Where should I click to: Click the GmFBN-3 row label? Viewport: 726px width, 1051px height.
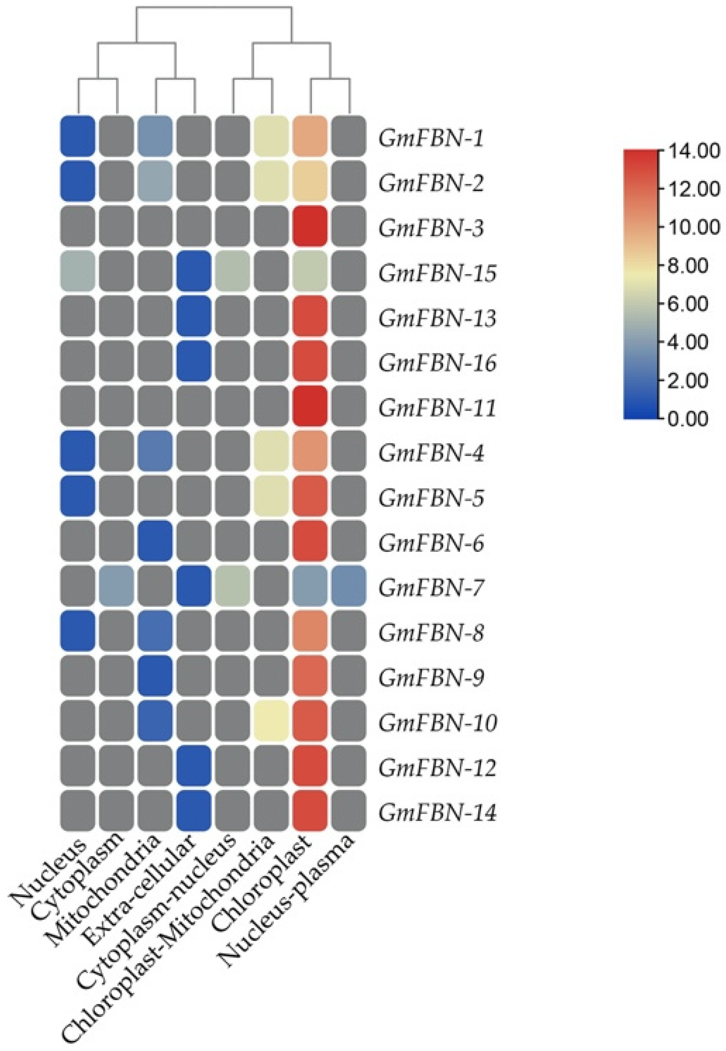click(431, 229)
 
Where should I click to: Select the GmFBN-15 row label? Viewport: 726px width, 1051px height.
click(437, 274)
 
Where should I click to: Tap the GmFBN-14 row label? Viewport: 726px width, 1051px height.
click(437, 814)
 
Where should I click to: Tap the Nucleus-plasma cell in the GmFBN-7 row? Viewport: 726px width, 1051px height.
click(349, 586)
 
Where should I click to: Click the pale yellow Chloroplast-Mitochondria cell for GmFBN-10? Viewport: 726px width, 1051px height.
click(272, 721)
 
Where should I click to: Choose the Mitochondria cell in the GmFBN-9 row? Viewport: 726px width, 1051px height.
click(156, 676)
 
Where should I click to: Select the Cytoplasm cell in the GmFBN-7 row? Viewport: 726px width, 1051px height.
click(117, 586)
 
